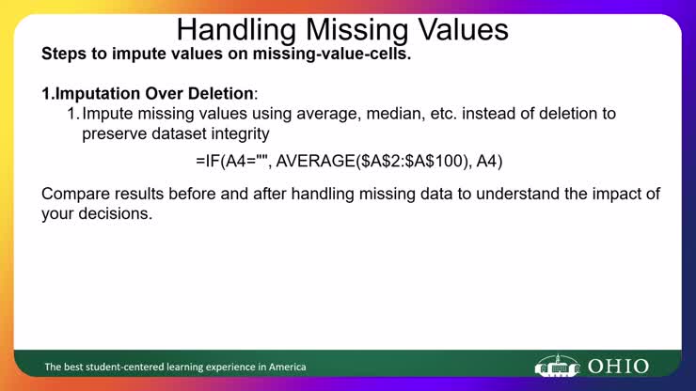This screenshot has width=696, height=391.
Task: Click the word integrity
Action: [x=239, y=133]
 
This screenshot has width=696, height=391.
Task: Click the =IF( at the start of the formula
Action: [x=209, y=162]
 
